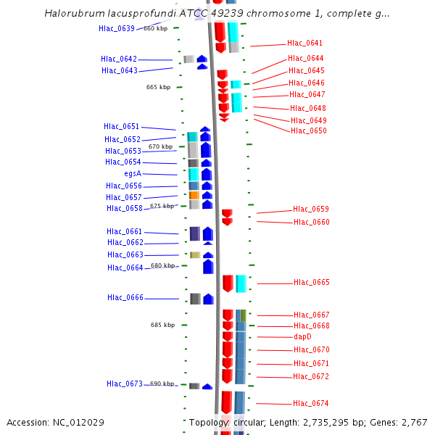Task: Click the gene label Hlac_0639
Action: pyautogui.click(x=117, y=28)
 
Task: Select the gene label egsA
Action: pyautogui.click(x=133, y=174)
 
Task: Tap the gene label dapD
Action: pyautogui.click(x=302, y=337)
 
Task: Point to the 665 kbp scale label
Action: pyautogui.click(x=158, y=87)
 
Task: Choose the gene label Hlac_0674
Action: pyautogui.click(x=311, y=403)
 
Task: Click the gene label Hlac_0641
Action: pyautogui.click(x=305, y=43)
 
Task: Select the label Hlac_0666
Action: pyautogui.click(x=125, y=298)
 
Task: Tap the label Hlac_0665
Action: pyautogui.click(x=312, y=283)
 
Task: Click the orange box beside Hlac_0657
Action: pyautogui.click(x=194, y=195)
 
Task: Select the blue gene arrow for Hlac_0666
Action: pyautogui.click(x=209, y=299)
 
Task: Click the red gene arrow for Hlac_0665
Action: pyautogui.click(x=228, y=283)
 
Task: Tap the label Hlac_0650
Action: pyautogui.click(x=309, y=131)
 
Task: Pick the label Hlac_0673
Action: pyautogui.click(x=125, y=384)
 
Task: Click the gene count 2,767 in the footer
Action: pyautogui.click(x=415, y=422)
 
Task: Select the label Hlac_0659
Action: pyautogui.click(x=311, y=209)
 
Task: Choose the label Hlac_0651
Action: pyautogui.click(x=122, y=127)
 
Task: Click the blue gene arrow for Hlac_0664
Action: pyautogui.click(x=208, y=266)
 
